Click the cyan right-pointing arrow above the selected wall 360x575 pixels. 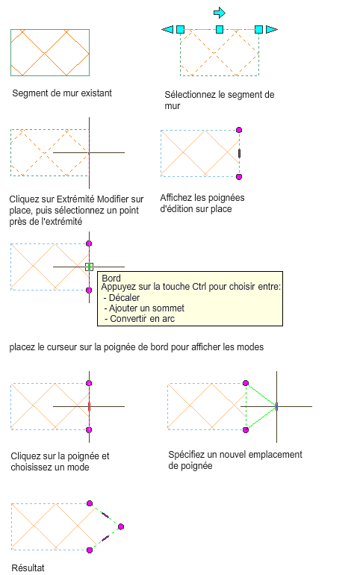[220, 13]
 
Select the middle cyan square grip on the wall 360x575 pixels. [220, 29]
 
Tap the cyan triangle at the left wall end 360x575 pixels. [167, 29]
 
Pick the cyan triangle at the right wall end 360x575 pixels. [272, 29]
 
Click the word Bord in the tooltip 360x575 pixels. [111, 279]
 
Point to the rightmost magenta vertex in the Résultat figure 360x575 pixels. [121, 526]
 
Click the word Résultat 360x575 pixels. [28, 568]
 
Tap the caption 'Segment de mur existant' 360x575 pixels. [62, 93]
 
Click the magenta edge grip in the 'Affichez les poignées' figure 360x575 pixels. [239, 153]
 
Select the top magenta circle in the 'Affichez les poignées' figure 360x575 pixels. [239, 130]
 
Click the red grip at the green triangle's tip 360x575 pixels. [276, 406]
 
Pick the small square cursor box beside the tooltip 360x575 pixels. [89, 267]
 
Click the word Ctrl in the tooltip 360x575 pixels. [199, 287]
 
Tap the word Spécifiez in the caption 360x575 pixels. [187, 455]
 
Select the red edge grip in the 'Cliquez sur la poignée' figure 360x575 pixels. [89, 406]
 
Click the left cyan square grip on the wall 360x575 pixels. [180, 29]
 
